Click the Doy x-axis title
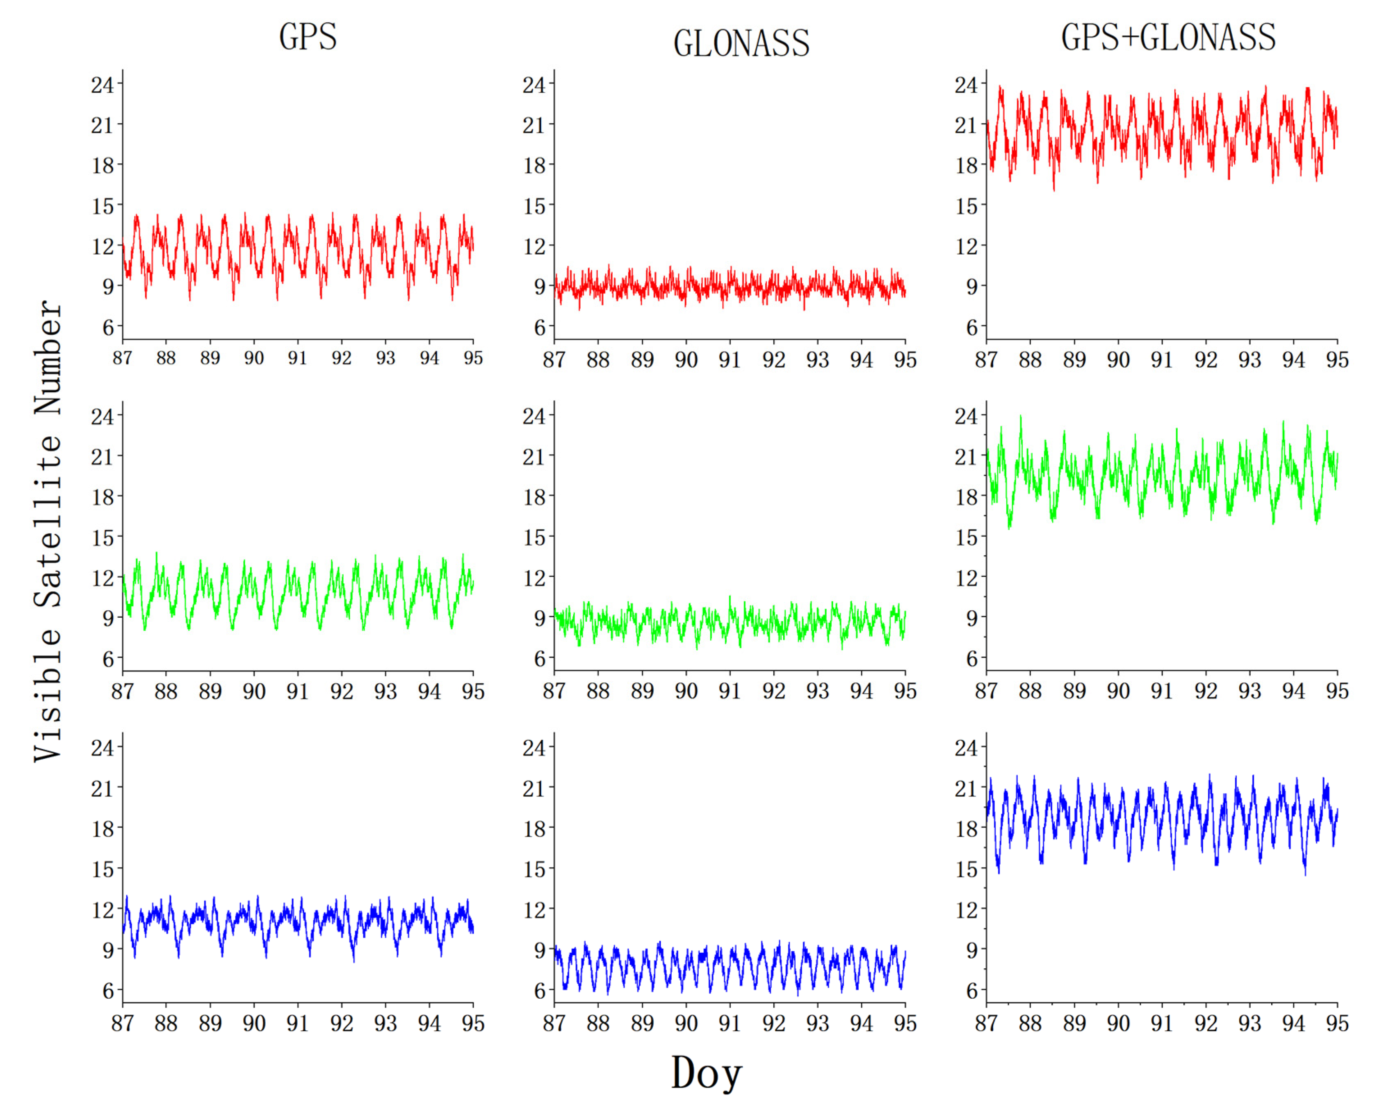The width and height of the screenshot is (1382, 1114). pyautogui.click(x=707, y=1073)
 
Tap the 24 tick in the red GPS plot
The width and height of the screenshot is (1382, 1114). pyautogui.click(x=102, y=85)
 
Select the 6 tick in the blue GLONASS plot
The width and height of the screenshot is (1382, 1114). pyautogui.click(x=540, y=990)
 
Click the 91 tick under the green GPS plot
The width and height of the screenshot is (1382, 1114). pyautogui.click(x=298, y=692)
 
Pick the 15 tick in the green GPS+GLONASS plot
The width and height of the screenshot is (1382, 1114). pyautogui.click(x=966, y=537)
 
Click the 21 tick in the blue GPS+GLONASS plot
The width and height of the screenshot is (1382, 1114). pyautogui.click(x=966, y=788)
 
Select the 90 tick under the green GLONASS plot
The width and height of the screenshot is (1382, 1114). pyautogui.click(x=686, y=692)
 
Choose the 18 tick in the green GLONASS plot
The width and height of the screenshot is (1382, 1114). pyautogui.click(x=534, y=497)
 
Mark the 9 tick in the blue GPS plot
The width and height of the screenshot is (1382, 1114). pyautogui.click(x=108, y=950)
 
